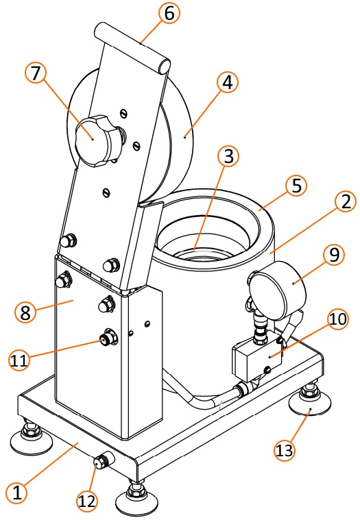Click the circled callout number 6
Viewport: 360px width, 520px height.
(x=169, y=13)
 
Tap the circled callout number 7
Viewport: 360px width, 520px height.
(x=36, y=73)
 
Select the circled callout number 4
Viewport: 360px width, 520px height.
(x=227, y=83)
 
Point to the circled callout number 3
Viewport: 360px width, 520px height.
(x=228, y=156)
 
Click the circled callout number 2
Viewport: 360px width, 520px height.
(x=346, y=201)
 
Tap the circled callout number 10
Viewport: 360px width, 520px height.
(x=338, y=319)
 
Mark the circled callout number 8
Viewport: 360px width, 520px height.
(x=25, y=312)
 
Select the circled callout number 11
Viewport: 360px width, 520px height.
(x=19, y=360)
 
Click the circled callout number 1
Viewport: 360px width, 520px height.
(x=16, y=492)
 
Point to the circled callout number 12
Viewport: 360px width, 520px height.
(x=88, y=501)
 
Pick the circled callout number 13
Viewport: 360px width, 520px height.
(x=285, y=450)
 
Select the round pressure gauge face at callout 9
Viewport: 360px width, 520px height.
(x=278, y=290)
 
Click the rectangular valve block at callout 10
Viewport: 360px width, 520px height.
(x=257, y=358)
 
